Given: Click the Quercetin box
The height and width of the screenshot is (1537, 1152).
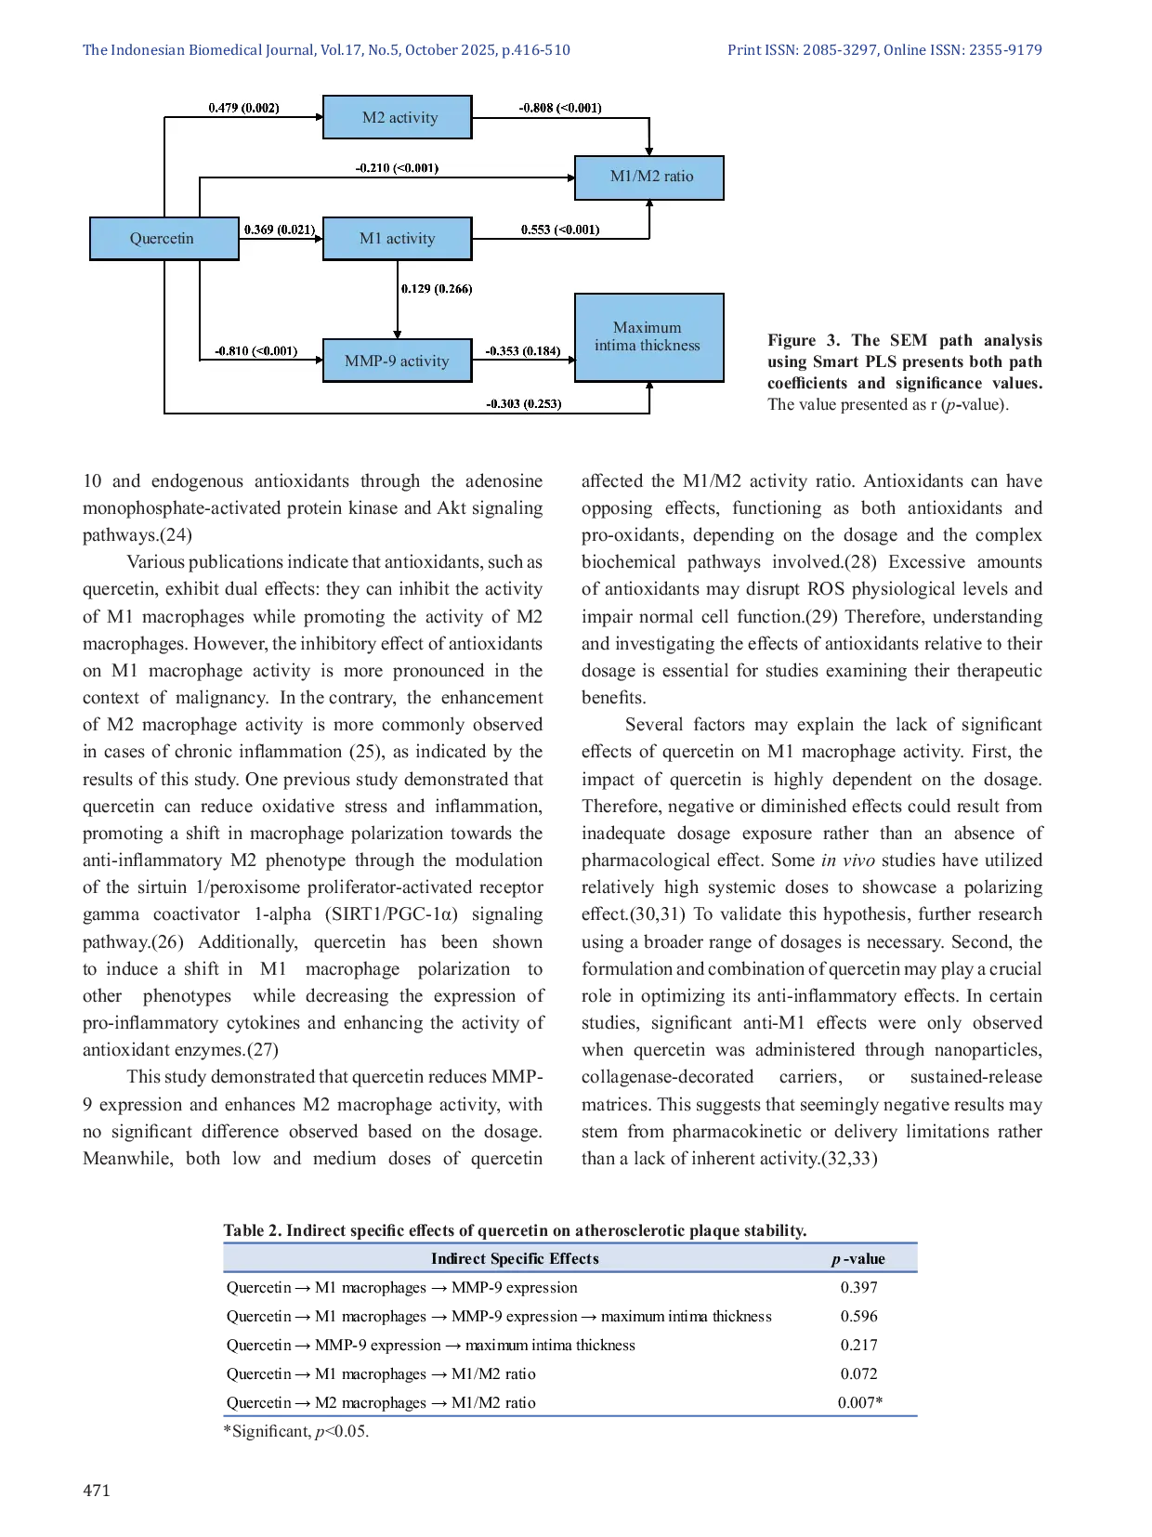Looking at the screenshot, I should (164, 239).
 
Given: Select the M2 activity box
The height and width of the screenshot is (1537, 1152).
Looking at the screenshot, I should (398, 118).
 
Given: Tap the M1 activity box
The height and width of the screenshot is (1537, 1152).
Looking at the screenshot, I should (398, 239).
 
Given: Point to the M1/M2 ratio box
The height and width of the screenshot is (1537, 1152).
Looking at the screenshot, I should (649, 177).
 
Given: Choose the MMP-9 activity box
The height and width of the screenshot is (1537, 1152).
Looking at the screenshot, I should (397, 361).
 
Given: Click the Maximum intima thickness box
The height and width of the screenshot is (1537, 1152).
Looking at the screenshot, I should (648, 336).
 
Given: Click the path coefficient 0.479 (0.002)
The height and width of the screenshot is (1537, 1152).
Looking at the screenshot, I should (243, 108).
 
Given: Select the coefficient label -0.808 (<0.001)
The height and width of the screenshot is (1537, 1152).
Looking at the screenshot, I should (559, 108).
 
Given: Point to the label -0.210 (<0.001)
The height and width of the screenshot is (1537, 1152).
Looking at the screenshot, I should (397, 168).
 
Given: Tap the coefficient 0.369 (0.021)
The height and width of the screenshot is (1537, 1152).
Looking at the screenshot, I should (280, 230).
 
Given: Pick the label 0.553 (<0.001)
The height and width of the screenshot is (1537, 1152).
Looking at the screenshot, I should (559, 230).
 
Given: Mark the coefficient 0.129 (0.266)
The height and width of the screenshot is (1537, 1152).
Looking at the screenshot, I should (437, 289).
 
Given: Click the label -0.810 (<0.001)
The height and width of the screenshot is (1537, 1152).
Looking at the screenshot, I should (255, 351).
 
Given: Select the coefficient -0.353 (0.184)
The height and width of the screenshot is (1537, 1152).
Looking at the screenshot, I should (522, 351).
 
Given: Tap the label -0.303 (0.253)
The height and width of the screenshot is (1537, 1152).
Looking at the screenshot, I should (523, 404).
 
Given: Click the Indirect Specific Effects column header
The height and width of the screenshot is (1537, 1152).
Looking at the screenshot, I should (515, 1258).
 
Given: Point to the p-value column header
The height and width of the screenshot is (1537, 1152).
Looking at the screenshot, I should (857, 1258).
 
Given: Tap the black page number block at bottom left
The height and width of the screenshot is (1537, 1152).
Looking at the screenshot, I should (97, 1490).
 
